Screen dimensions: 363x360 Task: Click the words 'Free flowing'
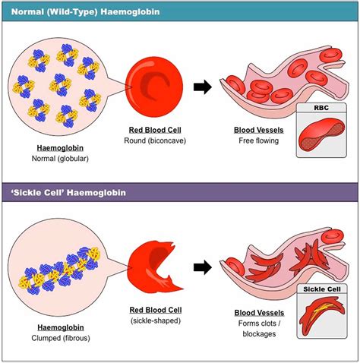pyautogui.click(x=254, y=142)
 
